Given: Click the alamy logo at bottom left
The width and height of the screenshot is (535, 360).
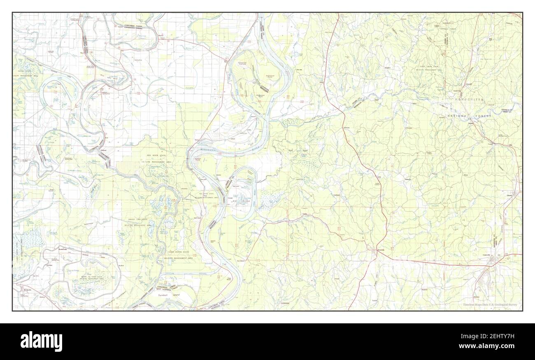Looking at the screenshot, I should coord(41,341).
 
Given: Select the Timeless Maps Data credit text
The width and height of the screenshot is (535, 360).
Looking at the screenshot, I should coord(490,305).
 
